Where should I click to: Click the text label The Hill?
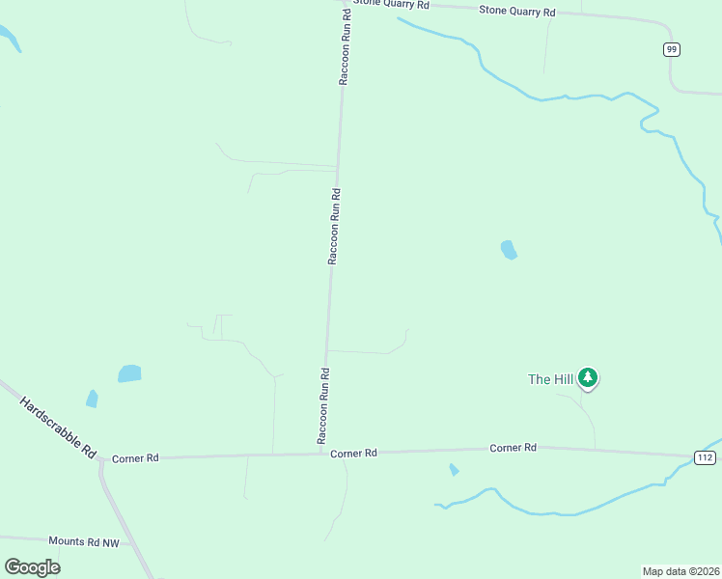(x=551, y=379)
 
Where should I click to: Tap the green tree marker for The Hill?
(x=588, y=378)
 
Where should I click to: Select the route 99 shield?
(x=672, y=49)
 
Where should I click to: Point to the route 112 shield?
(x=706, y=457)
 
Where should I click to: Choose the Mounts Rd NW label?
(x=84, y=543)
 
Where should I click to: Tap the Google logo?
(x=33, y=566)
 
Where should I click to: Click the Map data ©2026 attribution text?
(x=681, y=571)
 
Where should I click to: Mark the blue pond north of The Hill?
(x=509, y=250)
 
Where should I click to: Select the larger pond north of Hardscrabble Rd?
(x=129, y=373)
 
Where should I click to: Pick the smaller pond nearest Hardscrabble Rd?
(x=92, y=398)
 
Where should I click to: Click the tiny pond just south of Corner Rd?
(x=454, y=470)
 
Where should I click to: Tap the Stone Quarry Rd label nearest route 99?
(x=518, y=12)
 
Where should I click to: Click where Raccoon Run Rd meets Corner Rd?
(x=321, y=454)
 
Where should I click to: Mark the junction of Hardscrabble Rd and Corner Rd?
(x=100, y=460)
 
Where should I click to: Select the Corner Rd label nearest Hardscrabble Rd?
(x=135, y=458)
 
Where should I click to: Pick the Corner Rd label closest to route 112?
(x=513, y=448)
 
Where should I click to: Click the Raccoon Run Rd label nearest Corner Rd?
(x=324, y=405)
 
